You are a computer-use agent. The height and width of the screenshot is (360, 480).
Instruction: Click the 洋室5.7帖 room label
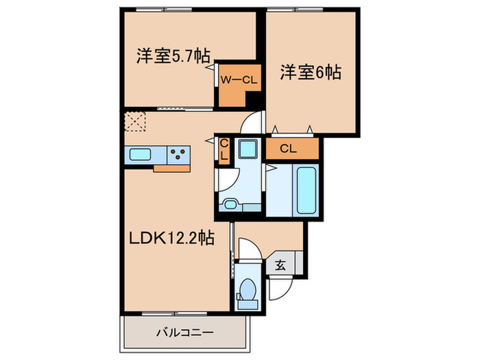(x=173, y=56)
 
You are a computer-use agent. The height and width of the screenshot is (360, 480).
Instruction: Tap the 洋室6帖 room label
(x=311, y=71)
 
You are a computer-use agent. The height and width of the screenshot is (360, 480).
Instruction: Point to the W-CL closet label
(x=238, y=80)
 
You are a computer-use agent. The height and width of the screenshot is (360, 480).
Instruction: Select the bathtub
(x=306, y=191)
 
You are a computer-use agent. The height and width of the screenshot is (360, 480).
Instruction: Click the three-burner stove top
(x=180, y=154)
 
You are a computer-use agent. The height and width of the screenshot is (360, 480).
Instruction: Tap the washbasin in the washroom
(x=229, y=204)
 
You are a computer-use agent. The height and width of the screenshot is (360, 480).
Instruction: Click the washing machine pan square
(x=247, y=149)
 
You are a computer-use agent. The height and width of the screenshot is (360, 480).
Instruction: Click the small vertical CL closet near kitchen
(x=224, y=149)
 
